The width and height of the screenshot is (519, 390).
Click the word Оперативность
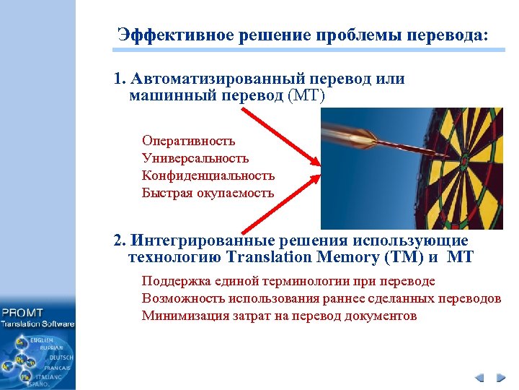click(188, 141)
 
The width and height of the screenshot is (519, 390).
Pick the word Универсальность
click(195, 158)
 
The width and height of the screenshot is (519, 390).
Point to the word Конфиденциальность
click(208, 175)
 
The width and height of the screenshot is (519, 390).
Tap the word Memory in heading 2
click(338, 256)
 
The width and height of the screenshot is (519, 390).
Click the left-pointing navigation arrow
click(480, 376)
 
